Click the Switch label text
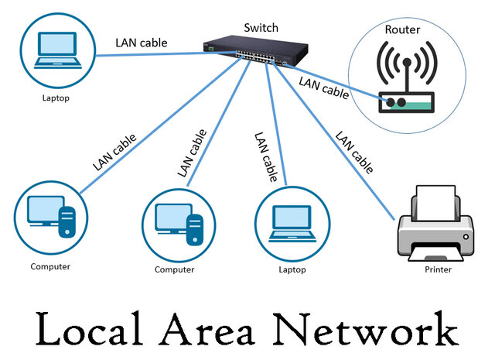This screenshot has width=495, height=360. [260, 28]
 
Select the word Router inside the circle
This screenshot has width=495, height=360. [403, 30]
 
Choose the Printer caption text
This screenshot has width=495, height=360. [437, 270]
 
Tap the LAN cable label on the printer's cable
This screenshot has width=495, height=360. [354, 152]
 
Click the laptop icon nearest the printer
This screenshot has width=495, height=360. [292, 221]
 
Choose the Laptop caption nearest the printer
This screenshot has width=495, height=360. [292, 270]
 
